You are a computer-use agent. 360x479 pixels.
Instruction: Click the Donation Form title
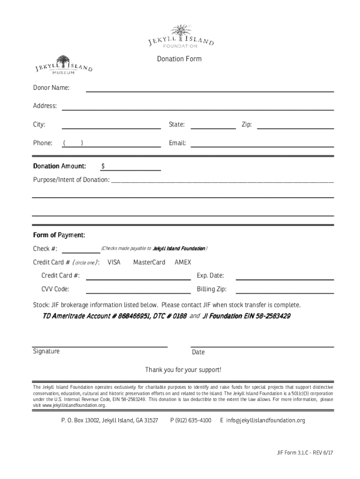[x=179, y=59]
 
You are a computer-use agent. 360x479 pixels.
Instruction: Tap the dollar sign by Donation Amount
[x=103, y=167]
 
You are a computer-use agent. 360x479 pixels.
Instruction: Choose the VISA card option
[x=114, y=262]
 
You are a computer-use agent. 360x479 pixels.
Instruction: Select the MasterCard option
[x=149, y=262]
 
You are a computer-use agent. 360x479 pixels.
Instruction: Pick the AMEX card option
[x=183, y=262]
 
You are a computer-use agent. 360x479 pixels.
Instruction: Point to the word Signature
[x=46, y=351]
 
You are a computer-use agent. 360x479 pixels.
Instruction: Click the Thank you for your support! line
[x=183, y=370]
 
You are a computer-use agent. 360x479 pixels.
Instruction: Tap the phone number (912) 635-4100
[x=191, y=421]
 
